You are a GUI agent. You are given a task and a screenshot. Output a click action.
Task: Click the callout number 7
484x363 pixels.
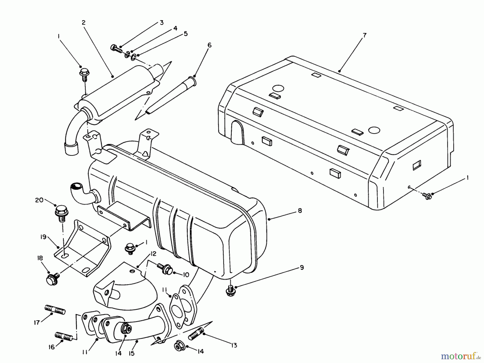tap(365, 35)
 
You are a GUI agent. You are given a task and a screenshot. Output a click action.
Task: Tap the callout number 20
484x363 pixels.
tap(39, 200)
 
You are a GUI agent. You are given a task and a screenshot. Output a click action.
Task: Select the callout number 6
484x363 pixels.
tap(209, 45)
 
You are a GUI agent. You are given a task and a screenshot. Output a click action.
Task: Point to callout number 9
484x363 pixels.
tap(302, 267)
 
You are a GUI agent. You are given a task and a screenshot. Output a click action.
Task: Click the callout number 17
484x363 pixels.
tap(37, 322)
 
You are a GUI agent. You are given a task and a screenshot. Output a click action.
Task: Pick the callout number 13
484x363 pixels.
tap(234, 345)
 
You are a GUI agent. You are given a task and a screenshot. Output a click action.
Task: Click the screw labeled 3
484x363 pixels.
tap(116, 49)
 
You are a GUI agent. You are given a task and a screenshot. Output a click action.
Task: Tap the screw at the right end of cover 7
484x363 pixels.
tap(427, 196)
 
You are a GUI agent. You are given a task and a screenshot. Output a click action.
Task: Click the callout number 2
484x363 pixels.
tap(84, 23)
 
